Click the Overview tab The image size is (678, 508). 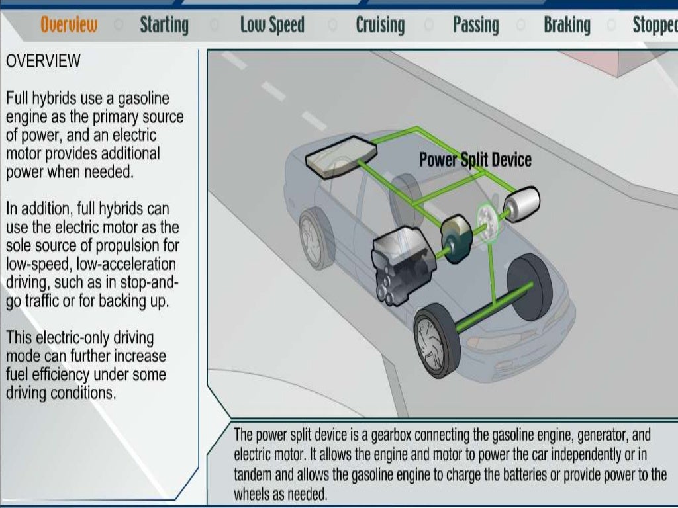click(x=69, y=25)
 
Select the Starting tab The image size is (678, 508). click(x=164, y=25)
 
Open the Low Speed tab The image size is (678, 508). click(x=272, y=25)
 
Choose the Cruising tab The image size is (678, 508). click(x=380, y=25)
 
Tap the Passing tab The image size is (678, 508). click(x=475, y=25)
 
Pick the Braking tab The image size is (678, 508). click(x=567, y=25)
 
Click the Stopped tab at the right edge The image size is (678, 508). click(x=654, y=25)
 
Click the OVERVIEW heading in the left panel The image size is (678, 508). click(x=43, y=62)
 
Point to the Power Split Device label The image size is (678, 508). click(x=475, y=159)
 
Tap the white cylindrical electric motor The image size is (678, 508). click(x=522, y=200)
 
